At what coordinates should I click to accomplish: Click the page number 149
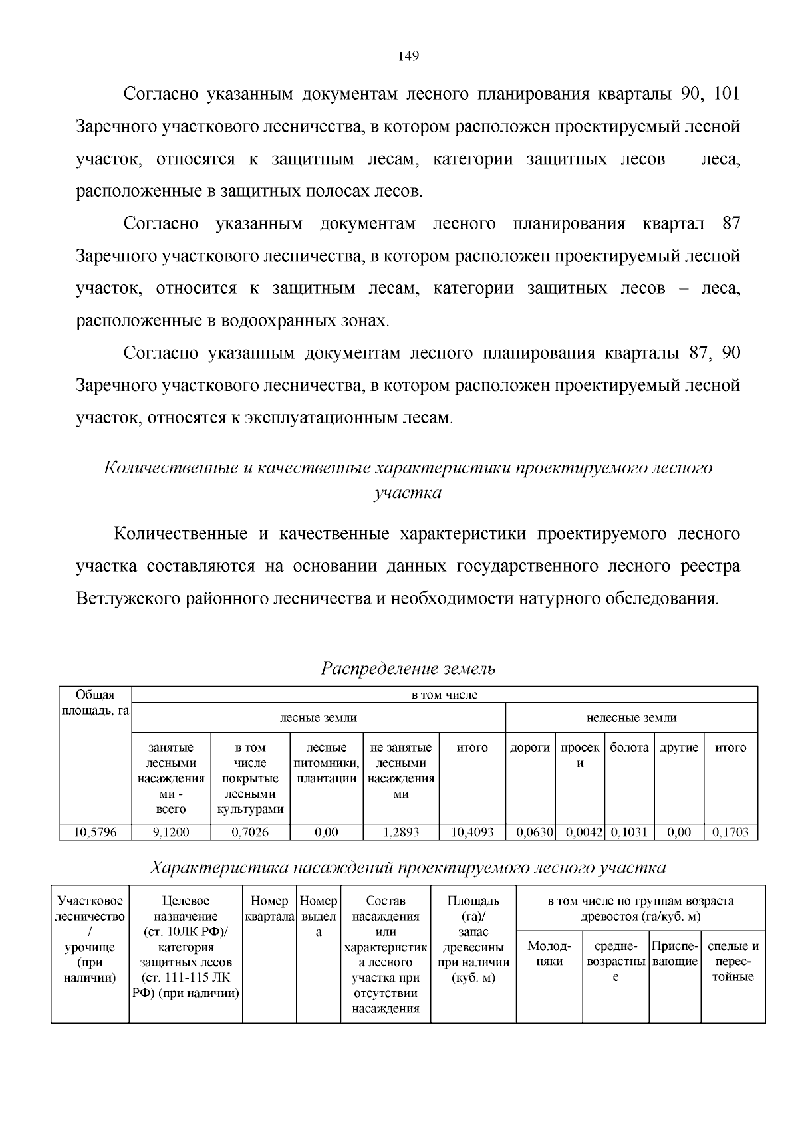pyautogui.click(x=408, y=56)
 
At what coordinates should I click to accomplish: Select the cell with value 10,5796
pyautogui.click(x=95, y=832)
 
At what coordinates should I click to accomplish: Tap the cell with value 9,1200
pyautogui.click(x=171, y=832)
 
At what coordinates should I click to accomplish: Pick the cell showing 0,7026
pyautogui.click(x=250, y=832)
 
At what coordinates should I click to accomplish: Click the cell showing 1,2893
pyautogui.click(x=400, y=832)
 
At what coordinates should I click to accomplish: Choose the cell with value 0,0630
pyautogui.click(x=530, y=832)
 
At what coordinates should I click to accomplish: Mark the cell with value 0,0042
pyautogui.click(x=580, y=832)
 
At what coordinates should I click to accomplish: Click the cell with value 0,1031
pyautogui.click(x=629, y=832)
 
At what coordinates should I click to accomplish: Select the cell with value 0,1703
pyautogui.click(x=730, y=832)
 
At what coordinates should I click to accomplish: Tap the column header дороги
pyautogui.click(x=530, y=748)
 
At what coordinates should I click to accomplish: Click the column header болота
pyautogui.click(x=629, y=748)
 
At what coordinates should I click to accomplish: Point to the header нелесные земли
pyautogui.click(x=631, y=717)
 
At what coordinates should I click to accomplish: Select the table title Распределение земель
pyautogui.click(x=408, y=668)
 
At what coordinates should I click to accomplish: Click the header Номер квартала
pyautogui.click(x=269, y=909)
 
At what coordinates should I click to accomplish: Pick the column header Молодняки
pyautogui.click(x=549, y=953)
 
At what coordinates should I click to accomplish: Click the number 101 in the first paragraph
pyautogui.click(x=726, y=94)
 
